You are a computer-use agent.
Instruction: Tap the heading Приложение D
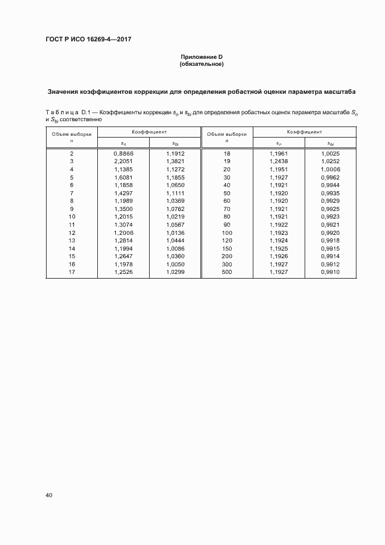tap(201, 57)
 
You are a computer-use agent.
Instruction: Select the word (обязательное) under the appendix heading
tap(201, 64)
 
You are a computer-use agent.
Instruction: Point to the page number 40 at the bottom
tap(49, 495)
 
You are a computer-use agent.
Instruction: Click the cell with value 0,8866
tap(123, 153)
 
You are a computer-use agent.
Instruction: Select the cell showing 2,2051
tap(123, 161)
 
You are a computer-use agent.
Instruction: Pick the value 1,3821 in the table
tap(175, 161)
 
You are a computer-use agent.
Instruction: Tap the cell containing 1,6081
tap(123, 177)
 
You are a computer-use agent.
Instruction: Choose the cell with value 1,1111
tap(175, 192)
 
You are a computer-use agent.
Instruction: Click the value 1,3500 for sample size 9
tap(123, 208)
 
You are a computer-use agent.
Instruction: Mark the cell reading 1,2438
tap(279, 161)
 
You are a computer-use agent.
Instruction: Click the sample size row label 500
tap(227, 272)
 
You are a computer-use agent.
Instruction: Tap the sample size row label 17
tap(72, 272)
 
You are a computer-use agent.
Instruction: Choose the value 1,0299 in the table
tap(175, 272)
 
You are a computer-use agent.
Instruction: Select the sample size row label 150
tap(227, 248)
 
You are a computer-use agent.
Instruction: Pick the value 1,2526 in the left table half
tap(123, 272)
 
